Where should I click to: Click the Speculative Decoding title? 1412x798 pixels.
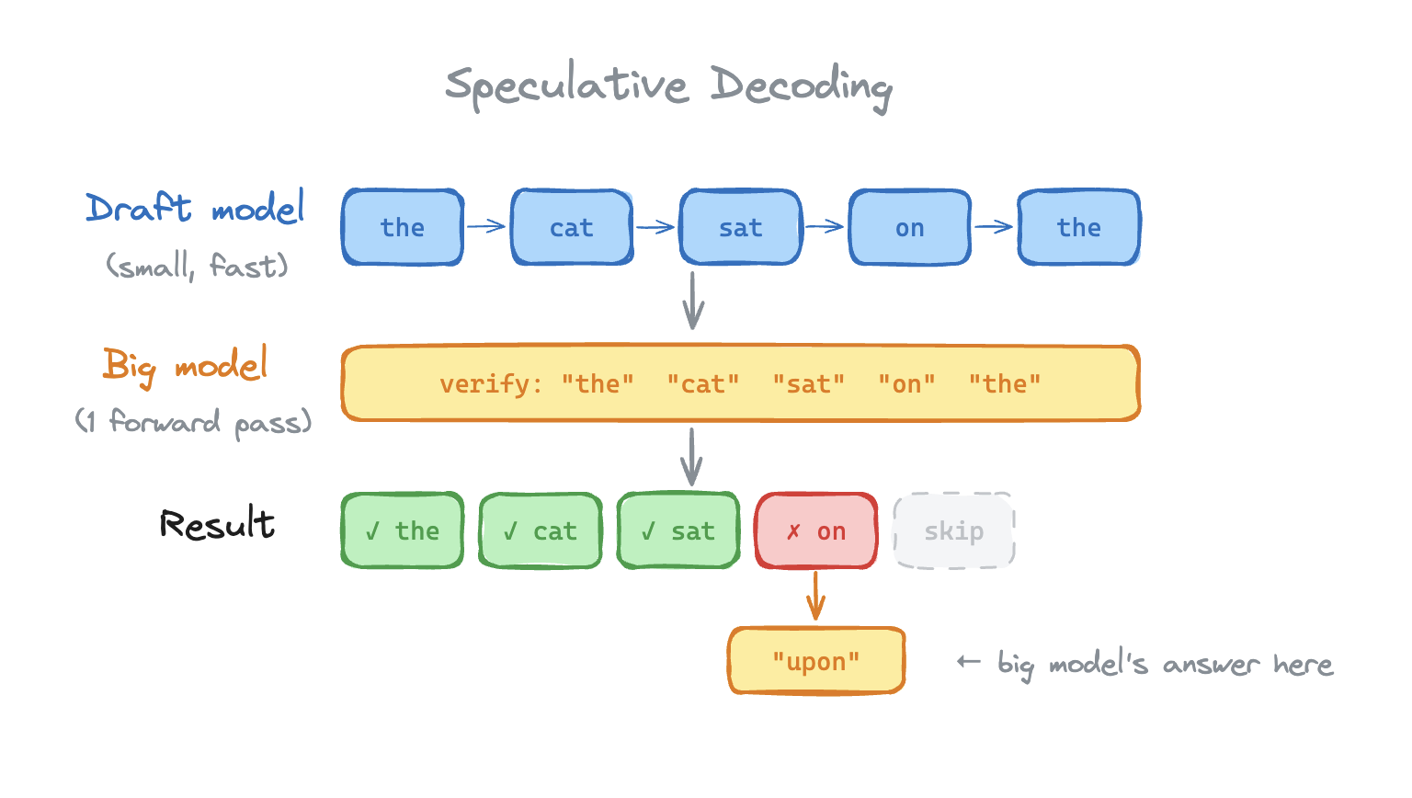(x=668, y=86)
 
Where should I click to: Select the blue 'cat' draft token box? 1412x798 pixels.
(x=572, y=227)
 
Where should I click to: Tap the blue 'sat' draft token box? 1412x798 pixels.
(x=740, y=227)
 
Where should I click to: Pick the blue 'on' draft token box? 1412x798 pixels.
(x=909, y=227)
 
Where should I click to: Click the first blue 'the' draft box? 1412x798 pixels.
(x=403, y=227)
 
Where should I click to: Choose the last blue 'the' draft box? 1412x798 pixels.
(x=1078, y=227)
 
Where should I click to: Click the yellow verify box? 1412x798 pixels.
(x=740, y=383)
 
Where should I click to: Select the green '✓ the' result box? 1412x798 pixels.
(x=403, y=530)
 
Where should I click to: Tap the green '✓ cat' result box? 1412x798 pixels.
(x=541, y=530)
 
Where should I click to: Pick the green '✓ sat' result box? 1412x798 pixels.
(x=678, y=530)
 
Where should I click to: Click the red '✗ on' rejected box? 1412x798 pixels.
(x=816, y=530)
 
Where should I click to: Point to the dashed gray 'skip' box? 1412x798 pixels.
(x=954, y=530)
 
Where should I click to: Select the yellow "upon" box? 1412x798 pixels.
(x=816, y=661)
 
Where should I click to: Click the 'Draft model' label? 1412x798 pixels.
(x=195, y=209)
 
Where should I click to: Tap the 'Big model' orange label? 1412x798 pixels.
(x=185, y=365)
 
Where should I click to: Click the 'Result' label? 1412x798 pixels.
(x=217, y=524)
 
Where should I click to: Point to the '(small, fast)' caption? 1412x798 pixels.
(x=197, y=267)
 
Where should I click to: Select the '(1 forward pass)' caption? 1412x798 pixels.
(x=193, y=423)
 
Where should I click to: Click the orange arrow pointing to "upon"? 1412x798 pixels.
(x=815, y=597)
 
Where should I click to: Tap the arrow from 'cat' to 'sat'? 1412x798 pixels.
(x=655, y=227)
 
